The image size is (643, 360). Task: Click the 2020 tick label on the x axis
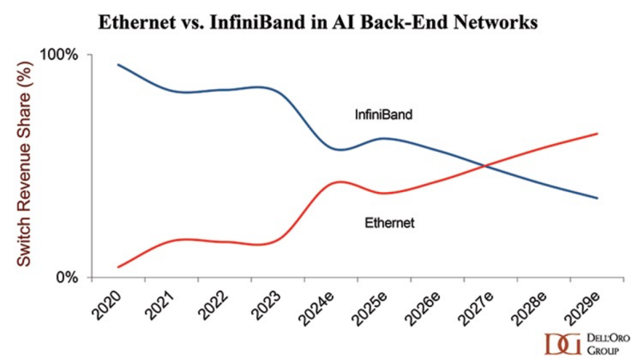click(x=107, y=302)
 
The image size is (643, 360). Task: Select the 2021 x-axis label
click(x=160, y=302)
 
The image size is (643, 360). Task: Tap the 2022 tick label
click(x=213, y=302)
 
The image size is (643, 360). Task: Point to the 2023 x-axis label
click(x=266, y=302)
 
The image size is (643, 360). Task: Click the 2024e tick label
click(x=317, y=305)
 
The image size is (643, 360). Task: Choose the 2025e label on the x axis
click(x=371, y=305)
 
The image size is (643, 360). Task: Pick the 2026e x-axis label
click(x=424, y=305)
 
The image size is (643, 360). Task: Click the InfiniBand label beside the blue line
click(x=384, y=115)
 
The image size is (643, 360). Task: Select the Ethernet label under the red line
click(x=389, y=223)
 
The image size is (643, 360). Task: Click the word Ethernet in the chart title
click(x=134, y=22)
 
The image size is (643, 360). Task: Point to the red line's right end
click(x=598, y=134)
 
